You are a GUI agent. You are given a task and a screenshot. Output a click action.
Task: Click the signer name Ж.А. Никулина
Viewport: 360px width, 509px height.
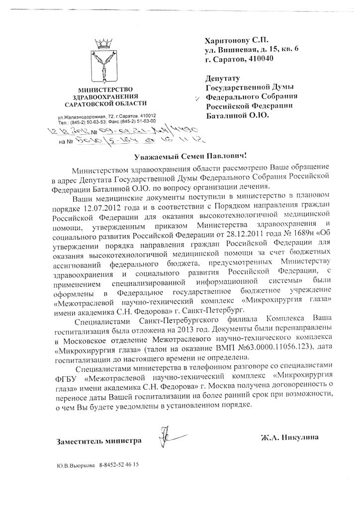click(289, 437)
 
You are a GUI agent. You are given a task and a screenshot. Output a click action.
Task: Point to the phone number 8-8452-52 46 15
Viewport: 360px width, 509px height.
click(118, 466)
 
